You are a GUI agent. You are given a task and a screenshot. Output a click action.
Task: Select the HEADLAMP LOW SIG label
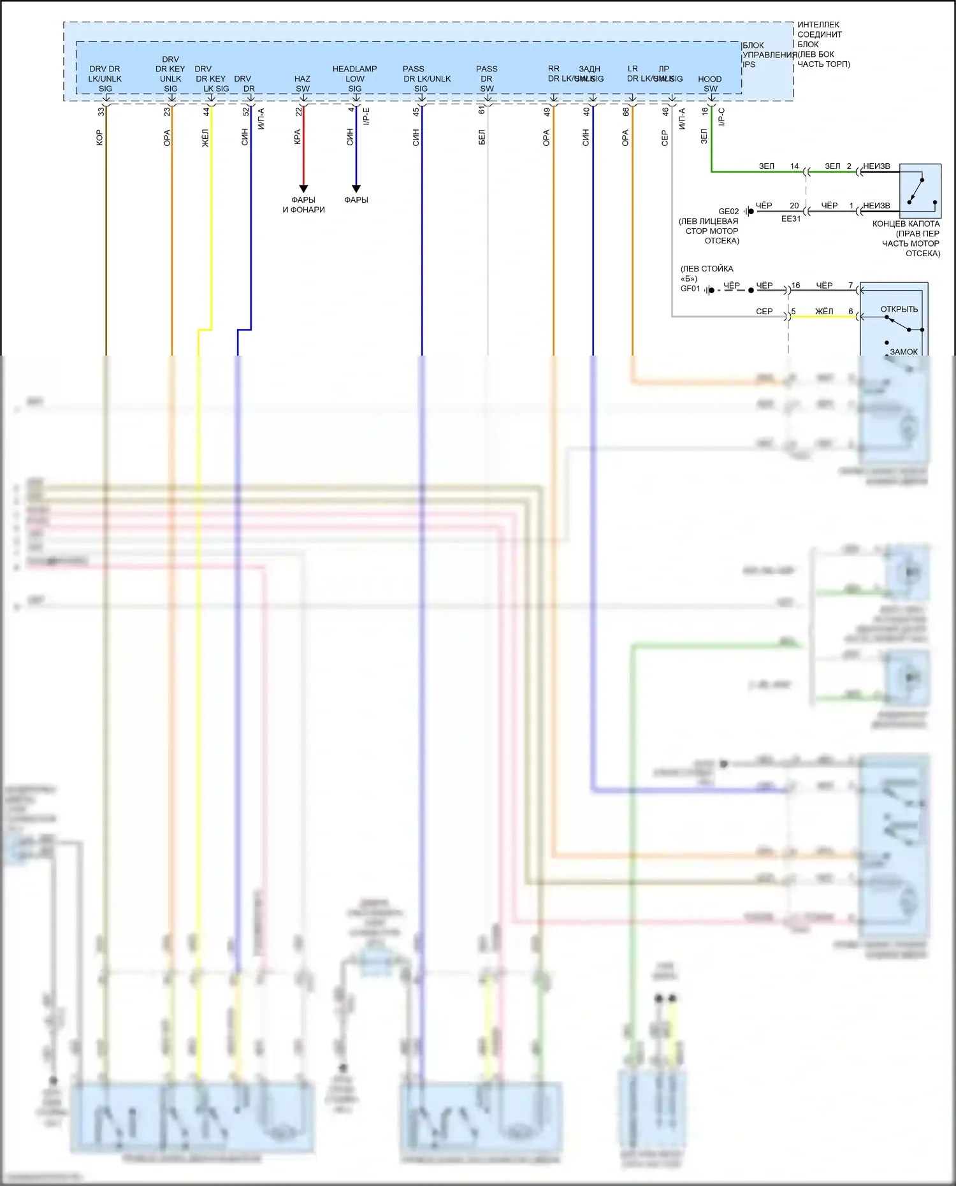click(355, 78)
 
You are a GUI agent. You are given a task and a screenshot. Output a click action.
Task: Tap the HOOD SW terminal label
click(710, 83)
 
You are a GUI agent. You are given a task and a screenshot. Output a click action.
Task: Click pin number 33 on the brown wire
click(101, 112)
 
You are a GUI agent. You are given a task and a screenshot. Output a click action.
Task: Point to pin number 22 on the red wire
click(298, 112)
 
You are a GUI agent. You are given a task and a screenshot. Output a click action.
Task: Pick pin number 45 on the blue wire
click(416, 112)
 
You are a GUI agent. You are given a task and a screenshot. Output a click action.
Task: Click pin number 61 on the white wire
click(482, 110)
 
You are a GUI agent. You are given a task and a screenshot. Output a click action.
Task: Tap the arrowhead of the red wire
click(303, 189)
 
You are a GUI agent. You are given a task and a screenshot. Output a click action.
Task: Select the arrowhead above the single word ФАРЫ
click(356, 189)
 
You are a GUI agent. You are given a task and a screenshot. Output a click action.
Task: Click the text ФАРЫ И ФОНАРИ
click(304, 205)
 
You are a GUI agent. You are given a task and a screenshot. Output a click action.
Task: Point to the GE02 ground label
click(728, 212)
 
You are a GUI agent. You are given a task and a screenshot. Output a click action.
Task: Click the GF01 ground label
click(690, 289)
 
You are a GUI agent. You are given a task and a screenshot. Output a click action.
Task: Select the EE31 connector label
click(791, 219)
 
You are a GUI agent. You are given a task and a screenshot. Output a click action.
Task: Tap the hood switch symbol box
click(920, 191)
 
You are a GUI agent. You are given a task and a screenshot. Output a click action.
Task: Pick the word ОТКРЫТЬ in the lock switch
click(899, 309)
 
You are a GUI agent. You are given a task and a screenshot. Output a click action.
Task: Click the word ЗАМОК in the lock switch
click(904, 352)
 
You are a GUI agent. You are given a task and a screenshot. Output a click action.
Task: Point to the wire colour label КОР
click(99, 137)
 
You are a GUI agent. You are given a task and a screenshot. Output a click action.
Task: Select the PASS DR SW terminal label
click(487, 78)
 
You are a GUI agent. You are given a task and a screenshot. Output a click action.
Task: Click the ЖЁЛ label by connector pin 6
click(824, 312)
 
